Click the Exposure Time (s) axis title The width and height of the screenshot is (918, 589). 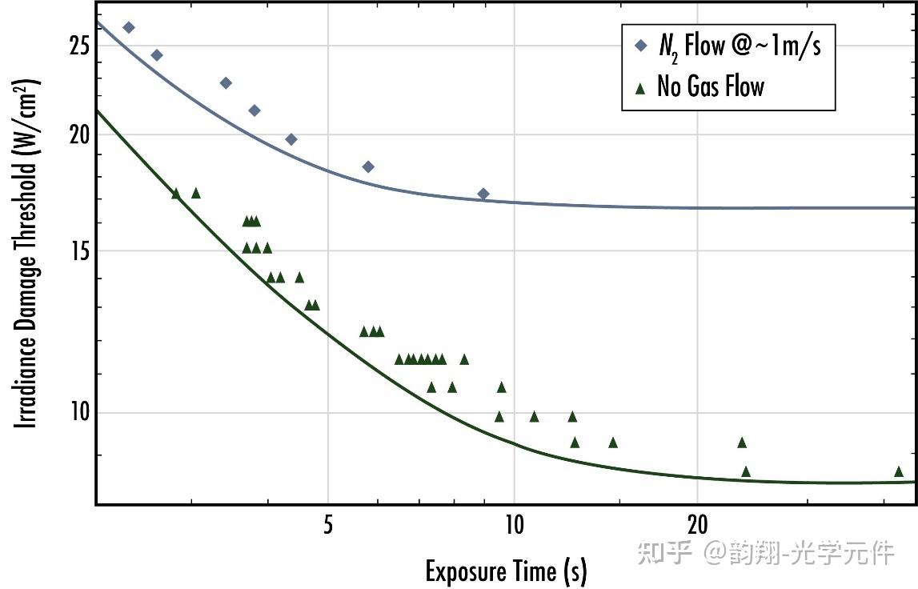click(x=506, y=571)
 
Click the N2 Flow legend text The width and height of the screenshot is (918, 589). click(x=740, y=46)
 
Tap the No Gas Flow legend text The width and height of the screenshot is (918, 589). click(x=711, y=86)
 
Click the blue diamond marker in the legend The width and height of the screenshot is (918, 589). click(x=639, y=46)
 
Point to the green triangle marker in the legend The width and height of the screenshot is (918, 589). click(x=639, y=86)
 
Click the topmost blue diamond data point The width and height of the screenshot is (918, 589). click(x=128, y=27)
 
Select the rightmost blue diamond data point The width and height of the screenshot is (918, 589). click(x=483, y=194)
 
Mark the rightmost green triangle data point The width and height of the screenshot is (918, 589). click(x=898, y=471)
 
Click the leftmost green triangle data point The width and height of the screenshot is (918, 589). click(x=176, y=193)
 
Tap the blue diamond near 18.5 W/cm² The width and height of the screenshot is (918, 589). click(x=368, y=166)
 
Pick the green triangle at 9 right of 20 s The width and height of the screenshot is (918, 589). click(x=742, y=443)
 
